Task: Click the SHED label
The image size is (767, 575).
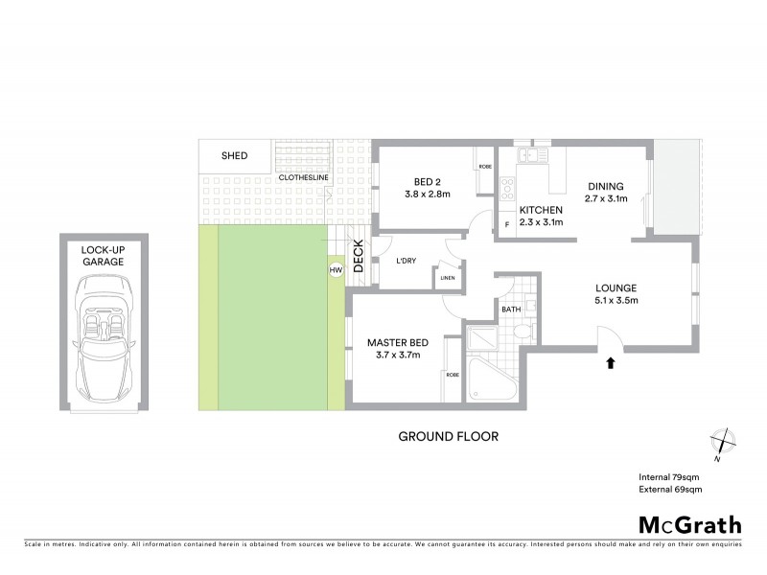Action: coord(234,156)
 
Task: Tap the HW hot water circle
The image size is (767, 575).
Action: coord(336,270)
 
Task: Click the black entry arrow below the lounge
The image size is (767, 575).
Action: coord(611,362)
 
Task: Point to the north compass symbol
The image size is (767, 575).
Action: coord(721,442)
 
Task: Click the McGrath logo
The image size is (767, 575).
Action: coord(689,524)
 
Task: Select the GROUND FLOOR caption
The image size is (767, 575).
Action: coord(448,437)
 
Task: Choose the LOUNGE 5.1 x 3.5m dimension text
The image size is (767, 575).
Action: coord(615,301)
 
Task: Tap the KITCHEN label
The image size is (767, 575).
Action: coord(540,210)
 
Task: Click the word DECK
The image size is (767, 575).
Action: coord(358,256)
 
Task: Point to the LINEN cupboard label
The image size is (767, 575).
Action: coord(447,279)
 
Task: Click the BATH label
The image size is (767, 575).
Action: coord(510,310)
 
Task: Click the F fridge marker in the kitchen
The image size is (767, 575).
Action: coord(506,225)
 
